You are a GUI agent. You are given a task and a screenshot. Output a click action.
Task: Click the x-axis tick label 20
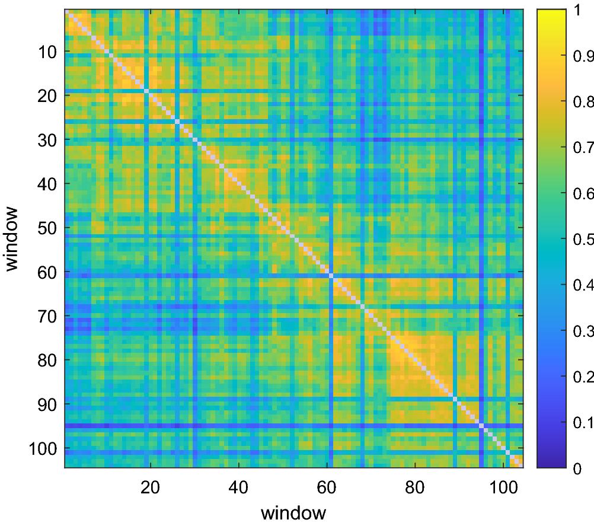[151, 484]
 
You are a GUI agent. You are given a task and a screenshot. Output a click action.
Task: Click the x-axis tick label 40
[238, 484]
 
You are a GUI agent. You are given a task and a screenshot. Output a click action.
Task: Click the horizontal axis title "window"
[293, 512]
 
